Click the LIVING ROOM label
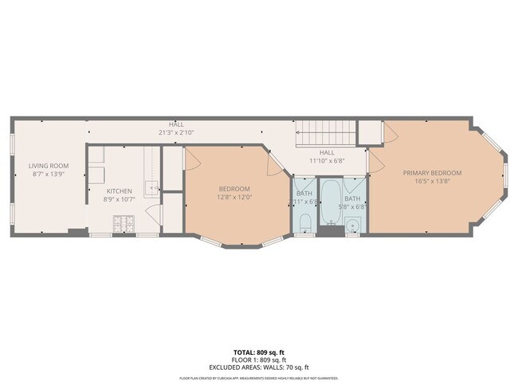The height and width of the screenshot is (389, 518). [x=49, y=166]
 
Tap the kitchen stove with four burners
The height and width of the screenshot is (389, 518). [x=124, y=224]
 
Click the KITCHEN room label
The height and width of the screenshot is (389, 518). [x=120, y=191]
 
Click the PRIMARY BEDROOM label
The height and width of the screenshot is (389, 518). [x=431, y=173]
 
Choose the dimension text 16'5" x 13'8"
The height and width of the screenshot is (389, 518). [x=431, y=181]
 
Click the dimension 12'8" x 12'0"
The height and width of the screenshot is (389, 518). [x=234, y=197]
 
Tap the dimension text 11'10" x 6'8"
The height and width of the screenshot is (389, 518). [x=327, y=160]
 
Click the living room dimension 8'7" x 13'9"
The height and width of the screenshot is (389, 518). [x=49, y=174]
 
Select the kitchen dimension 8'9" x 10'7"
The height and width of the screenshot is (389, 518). [x=120, y=198]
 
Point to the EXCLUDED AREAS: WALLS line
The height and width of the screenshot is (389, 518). [x=258, y=367]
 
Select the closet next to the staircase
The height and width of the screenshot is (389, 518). [x=368, y=132]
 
